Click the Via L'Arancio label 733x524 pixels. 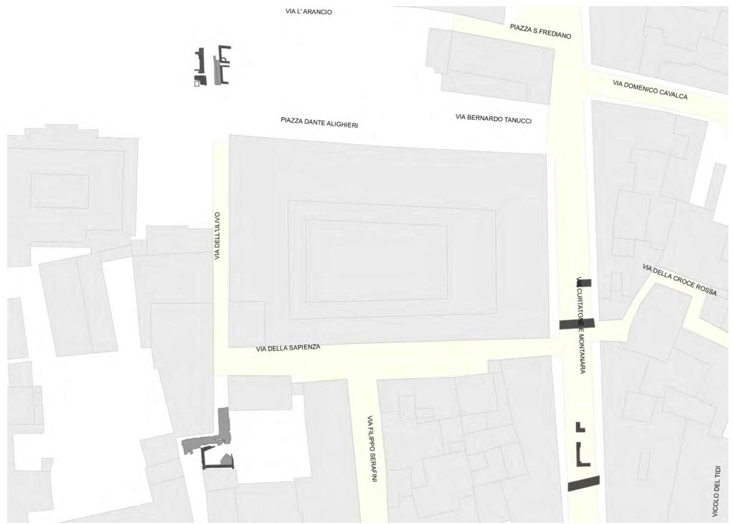click(x=309, y=12)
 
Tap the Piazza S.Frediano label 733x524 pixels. click(x=540, y=31)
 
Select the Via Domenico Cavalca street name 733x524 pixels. click(x=650, y=90)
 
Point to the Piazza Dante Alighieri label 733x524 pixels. click(x=319, y=122)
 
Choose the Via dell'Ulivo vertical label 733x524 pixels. click(x=217, y=236)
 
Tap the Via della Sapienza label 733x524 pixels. click(x=288, y=348)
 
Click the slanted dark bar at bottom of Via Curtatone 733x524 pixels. click(x=584, y=484)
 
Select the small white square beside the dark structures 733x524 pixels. click(x=197, y=84)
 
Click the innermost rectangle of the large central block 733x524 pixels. click(x=376, y=261)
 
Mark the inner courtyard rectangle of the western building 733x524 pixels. click(x=59, y=191)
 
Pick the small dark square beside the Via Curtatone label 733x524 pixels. click(x=586, y=283)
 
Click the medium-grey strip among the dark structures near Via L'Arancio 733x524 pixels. click(x=217, y=72)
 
